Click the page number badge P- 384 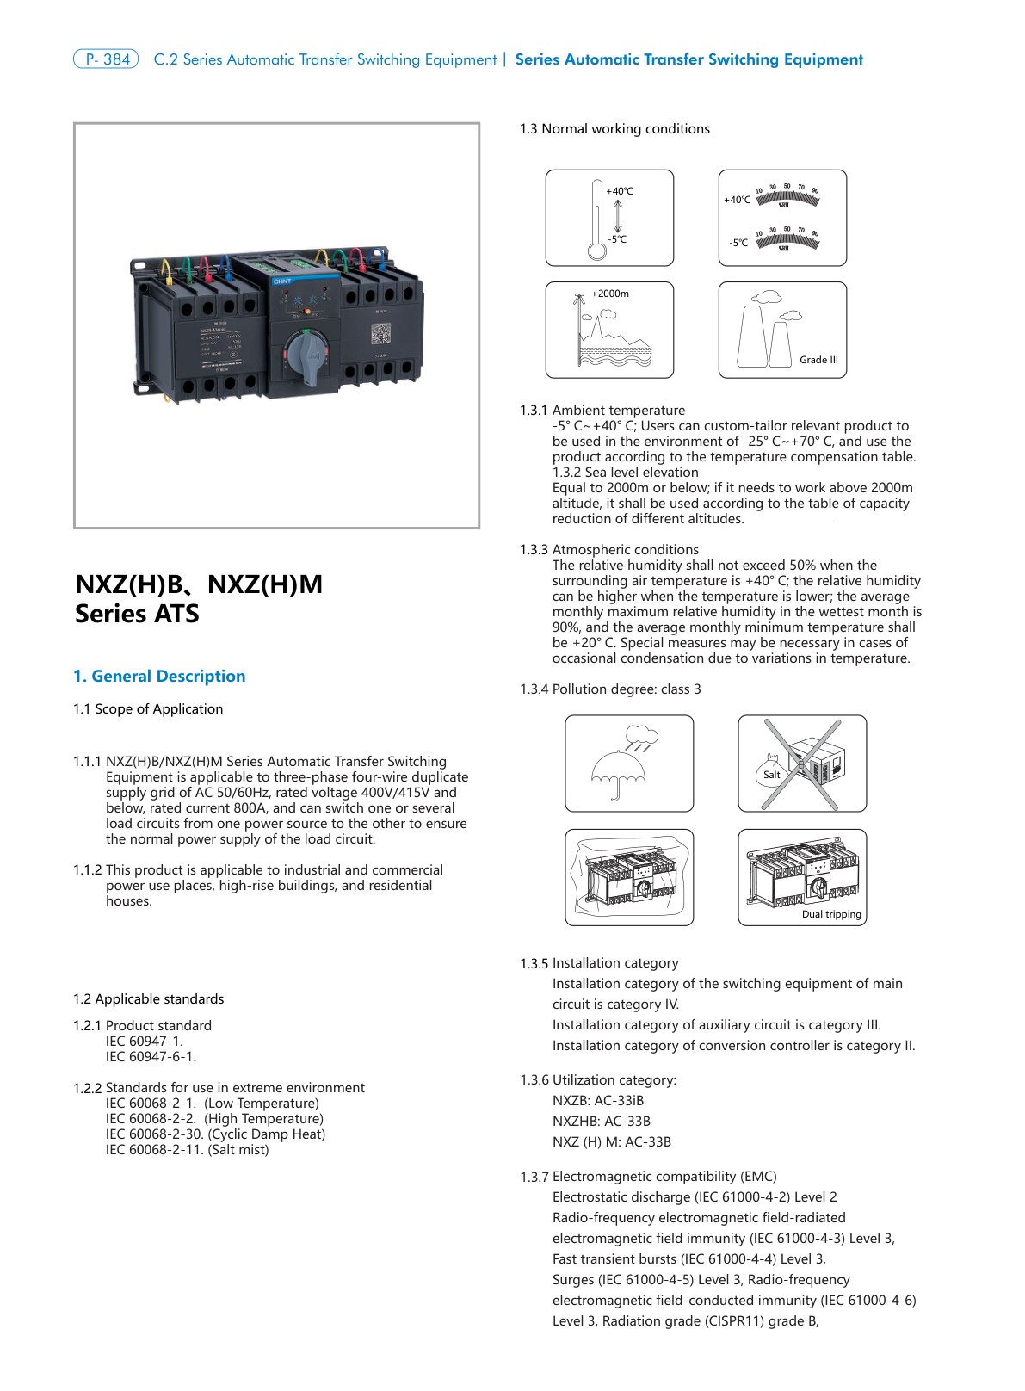pos(106,59)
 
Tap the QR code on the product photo pos(380,333)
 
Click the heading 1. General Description pos(159,677)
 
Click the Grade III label pos(818,360)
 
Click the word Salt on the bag pos(772,775)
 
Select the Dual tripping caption pos(831,914)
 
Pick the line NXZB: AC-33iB pos(598,1101)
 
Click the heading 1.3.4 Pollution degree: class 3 pos(610,689)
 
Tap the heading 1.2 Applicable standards pos(148,999)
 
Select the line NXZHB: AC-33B pos(602,1122)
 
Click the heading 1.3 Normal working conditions pos(614,129)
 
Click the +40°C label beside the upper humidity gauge pos(738,200)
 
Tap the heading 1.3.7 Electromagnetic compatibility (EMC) pos(648,1177)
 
